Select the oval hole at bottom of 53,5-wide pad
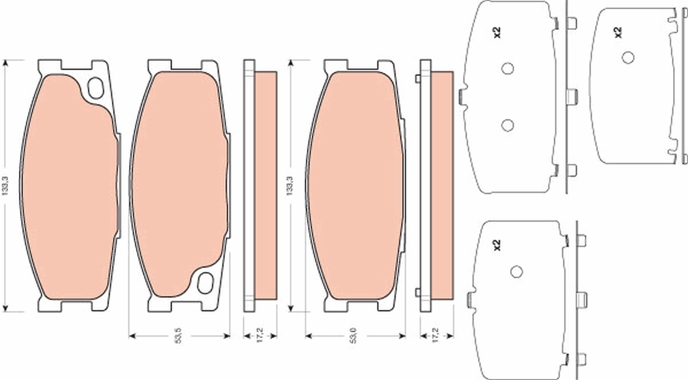[x=205, y=282]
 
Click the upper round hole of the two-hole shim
[x=507, y=68]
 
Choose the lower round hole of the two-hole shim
[x=507, y=125]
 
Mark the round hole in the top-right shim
[x=628, y=57]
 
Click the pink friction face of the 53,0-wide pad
[x=355, y=184]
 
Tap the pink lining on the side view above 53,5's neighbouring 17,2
[x=265, y=184]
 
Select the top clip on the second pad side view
[x=417, y=79]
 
